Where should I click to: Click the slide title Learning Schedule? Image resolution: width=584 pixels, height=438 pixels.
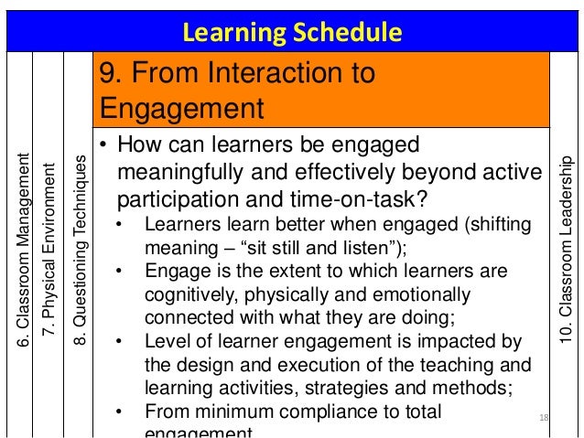(292, 34)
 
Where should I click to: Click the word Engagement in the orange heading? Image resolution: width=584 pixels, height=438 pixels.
(181, 109)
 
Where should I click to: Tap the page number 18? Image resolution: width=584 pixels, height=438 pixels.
(543, 418)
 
